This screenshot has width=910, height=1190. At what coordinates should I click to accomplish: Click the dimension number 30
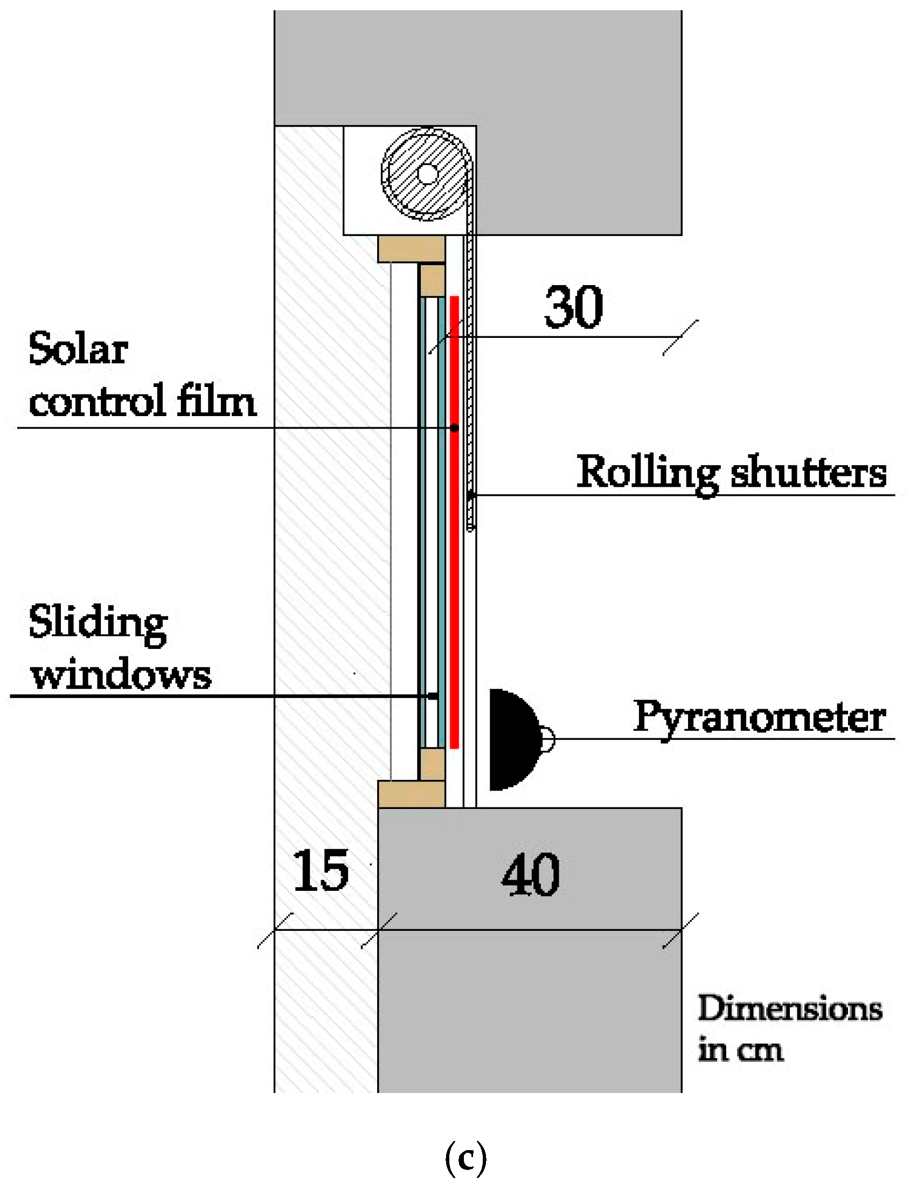coord(573,307)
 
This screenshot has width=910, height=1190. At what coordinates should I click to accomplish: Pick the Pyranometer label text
coord(760,718)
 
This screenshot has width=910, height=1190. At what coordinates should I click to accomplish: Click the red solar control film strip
coord(454,542)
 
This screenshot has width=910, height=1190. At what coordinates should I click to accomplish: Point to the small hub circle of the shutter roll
coord(427,174)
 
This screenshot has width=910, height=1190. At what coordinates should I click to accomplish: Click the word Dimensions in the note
coord(789,1009)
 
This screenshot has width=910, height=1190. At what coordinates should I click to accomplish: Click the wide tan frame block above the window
coord(411,249)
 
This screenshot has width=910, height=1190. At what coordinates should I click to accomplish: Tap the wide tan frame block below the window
coord(411,794)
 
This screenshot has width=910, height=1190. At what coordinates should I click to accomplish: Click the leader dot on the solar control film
coord(455,428)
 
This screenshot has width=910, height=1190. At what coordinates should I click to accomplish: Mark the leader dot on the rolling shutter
coord(471,495)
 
